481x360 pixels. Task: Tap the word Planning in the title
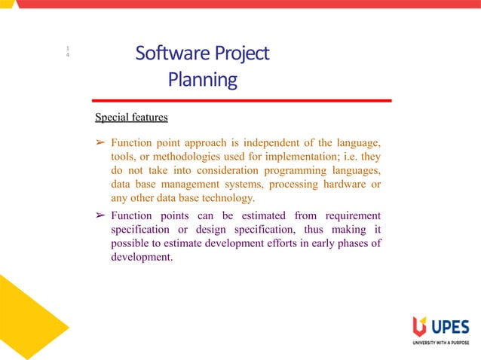coord(202,79)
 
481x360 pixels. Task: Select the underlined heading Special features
coord(131,117)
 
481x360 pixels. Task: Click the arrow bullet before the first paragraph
coord(100,143)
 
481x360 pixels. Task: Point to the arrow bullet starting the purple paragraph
coord(100,215)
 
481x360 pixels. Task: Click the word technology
coord(226,199)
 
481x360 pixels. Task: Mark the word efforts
coord(280,243)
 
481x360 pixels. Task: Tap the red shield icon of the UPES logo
coord(418,325)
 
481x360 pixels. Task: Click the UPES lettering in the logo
coord(449,326)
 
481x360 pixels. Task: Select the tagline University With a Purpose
coord(440,343)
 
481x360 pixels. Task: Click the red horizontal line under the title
coord(241,100)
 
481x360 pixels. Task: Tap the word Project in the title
coord(241,53)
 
